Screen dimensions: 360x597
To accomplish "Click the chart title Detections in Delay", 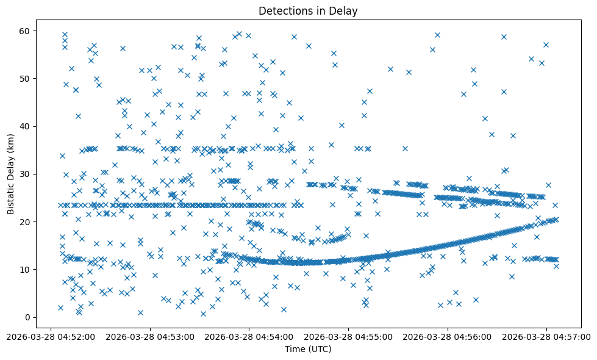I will click(308, 10).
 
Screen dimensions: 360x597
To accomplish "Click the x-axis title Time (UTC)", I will click(308, 349).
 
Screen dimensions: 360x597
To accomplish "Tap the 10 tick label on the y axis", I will click(26, 270).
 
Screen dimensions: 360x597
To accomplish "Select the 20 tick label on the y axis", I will click(26, 222).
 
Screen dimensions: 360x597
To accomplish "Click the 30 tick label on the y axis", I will click(26, 175).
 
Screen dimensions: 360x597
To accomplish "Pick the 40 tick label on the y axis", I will click(26, 126).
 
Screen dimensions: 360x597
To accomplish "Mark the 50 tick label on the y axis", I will click(26, 79).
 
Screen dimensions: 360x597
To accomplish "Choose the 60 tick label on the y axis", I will click(26, 31).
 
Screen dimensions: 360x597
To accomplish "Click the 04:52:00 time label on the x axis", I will click(51, 336).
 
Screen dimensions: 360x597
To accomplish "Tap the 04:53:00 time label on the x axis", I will click(150, 336).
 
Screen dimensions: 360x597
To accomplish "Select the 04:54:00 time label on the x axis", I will click(249, 336).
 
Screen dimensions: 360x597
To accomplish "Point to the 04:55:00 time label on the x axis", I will click(349, 336).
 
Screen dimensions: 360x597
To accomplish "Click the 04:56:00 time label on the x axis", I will click(448, 336).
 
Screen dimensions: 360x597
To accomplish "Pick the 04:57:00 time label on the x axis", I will click(547, 336).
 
